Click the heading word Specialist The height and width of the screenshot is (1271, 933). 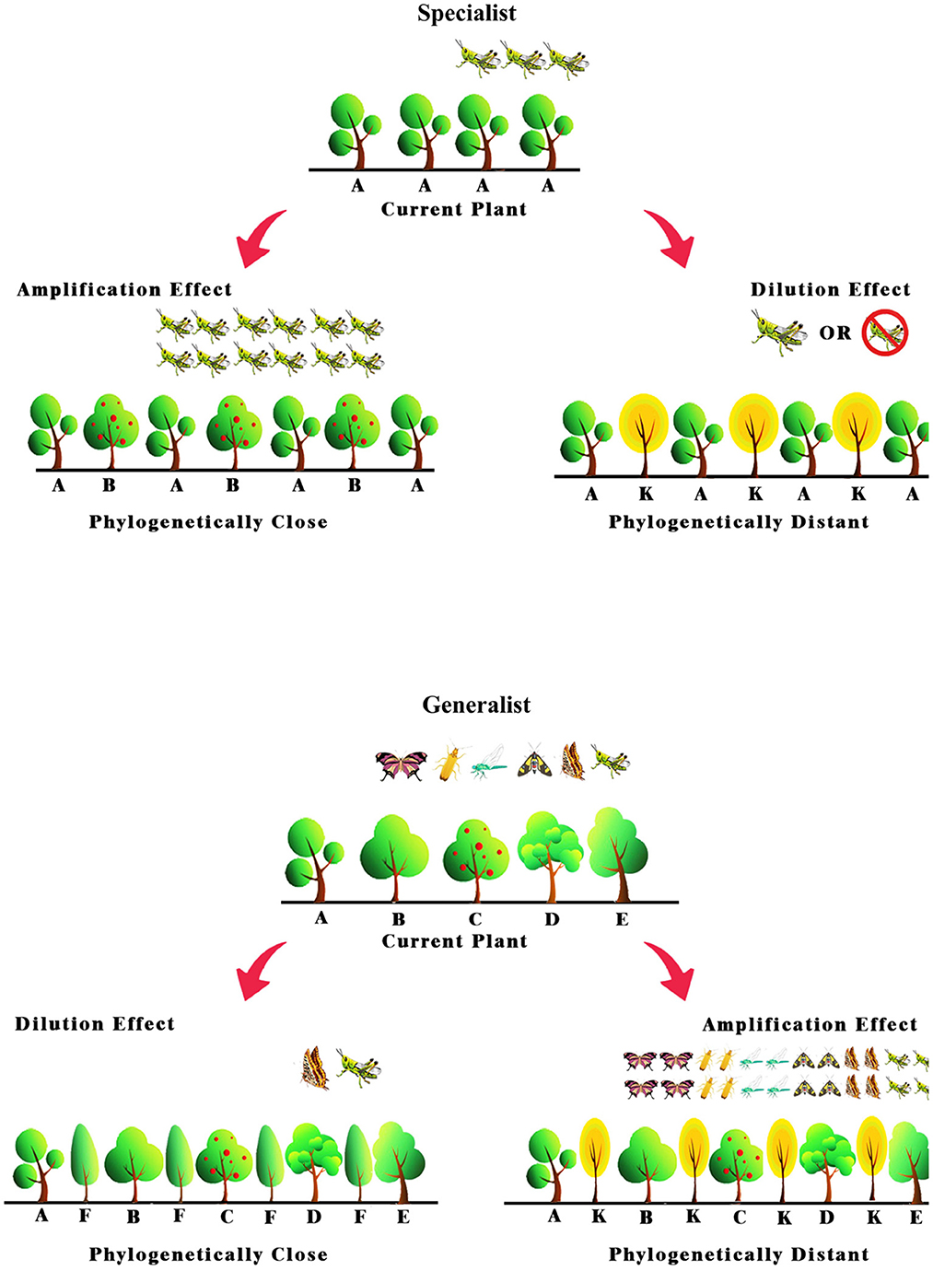click(467, 14)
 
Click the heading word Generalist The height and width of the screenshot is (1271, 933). click(476, 705)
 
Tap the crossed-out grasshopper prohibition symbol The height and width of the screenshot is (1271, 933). click(885, 332)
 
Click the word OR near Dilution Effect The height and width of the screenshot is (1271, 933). click(835, 333)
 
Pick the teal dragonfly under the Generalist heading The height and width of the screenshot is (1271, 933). click(489, 764)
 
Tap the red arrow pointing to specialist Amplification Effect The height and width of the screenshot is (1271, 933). click(261, 236)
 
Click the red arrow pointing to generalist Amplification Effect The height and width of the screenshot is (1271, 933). click(670, 970)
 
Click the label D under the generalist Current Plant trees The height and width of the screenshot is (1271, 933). click(552, 919)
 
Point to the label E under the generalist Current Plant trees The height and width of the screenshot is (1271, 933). click(622, 919)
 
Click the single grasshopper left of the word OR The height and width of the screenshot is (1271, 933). click(779, 332)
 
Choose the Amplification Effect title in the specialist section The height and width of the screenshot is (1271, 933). click(124, 289)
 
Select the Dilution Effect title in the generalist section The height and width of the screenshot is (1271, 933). click(95, 1024)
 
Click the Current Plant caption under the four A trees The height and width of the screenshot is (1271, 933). click(454, 209)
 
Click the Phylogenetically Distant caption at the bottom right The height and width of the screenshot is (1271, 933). click(739, 1254)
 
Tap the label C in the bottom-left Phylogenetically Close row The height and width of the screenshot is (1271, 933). click(227, 1217)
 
